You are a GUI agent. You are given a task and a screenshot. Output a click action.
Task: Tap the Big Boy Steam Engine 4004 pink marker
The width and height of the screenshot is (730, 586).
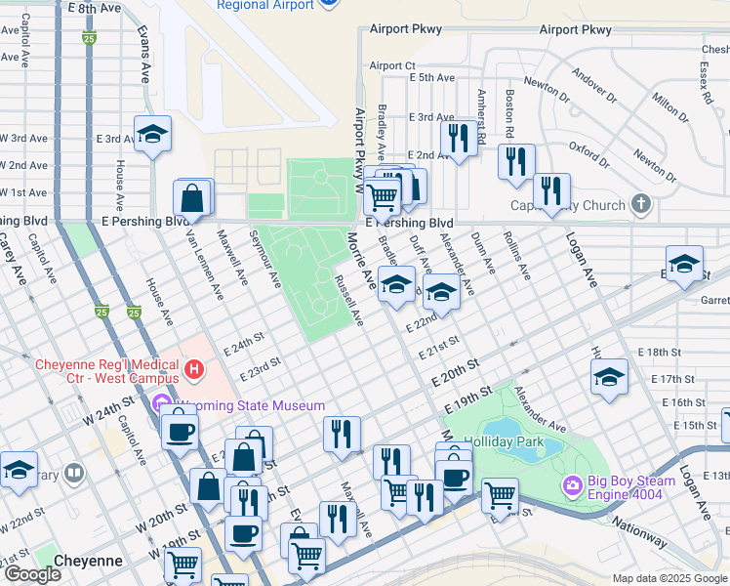click(x=573, y=484)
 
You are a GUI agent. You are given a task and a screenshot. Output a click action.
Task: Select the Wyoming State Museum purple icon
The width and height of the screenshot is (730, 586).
click(x=161, y=404)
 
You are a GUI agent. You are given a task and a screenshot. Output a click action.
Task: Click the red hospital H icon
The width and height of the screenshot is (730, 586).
click(x=195, y=370)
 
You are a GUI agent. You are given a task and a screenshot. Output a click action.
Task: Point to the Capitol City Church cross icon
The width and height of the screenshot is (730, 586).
click(x=640, y=205)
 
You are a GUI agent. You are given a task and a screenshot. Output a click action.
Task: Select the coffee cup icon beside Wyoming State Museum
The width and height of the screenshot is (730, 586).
click(x=180, y=430)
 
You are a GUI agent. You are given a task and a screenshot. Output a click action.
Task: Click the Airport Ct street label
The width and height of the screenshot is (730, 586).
click(x=392, y=66)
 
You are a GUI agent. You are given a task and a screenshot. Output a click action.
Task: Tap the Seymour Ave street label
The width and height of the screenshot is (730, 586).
click(x=264, y=258)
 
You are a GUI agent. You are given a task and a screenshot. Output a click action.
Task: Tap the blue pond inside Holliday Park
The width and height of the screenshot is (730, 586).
click(x=517, y=437)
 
